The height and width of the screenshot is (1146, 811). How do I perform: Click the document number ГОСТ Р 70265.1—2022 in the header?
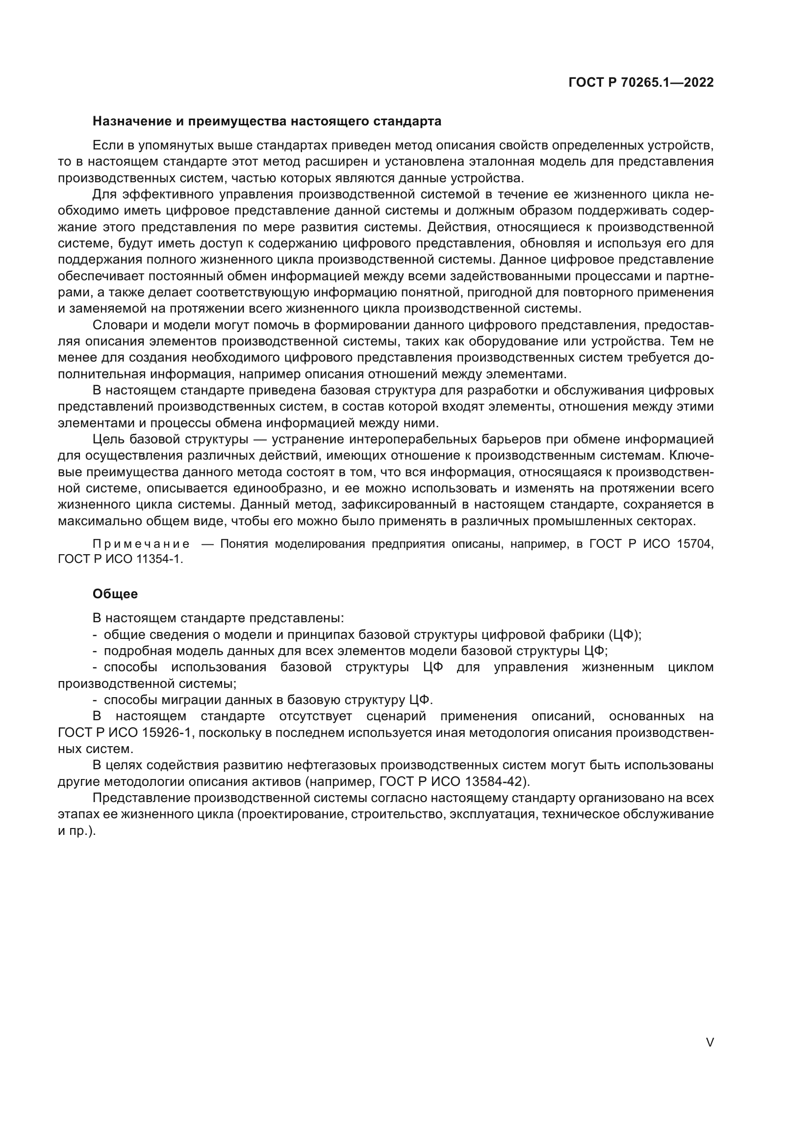click(x=641, y=83)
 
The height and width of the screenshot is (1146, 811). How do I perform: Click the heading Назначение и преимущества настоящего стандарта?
click(x=267, y=122)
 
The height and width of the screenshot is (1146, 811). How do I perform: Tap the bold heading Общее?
click(x=115, y=594)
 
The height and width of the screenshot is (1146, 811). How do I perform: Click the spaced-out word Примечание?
click(x=141, y=543)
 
